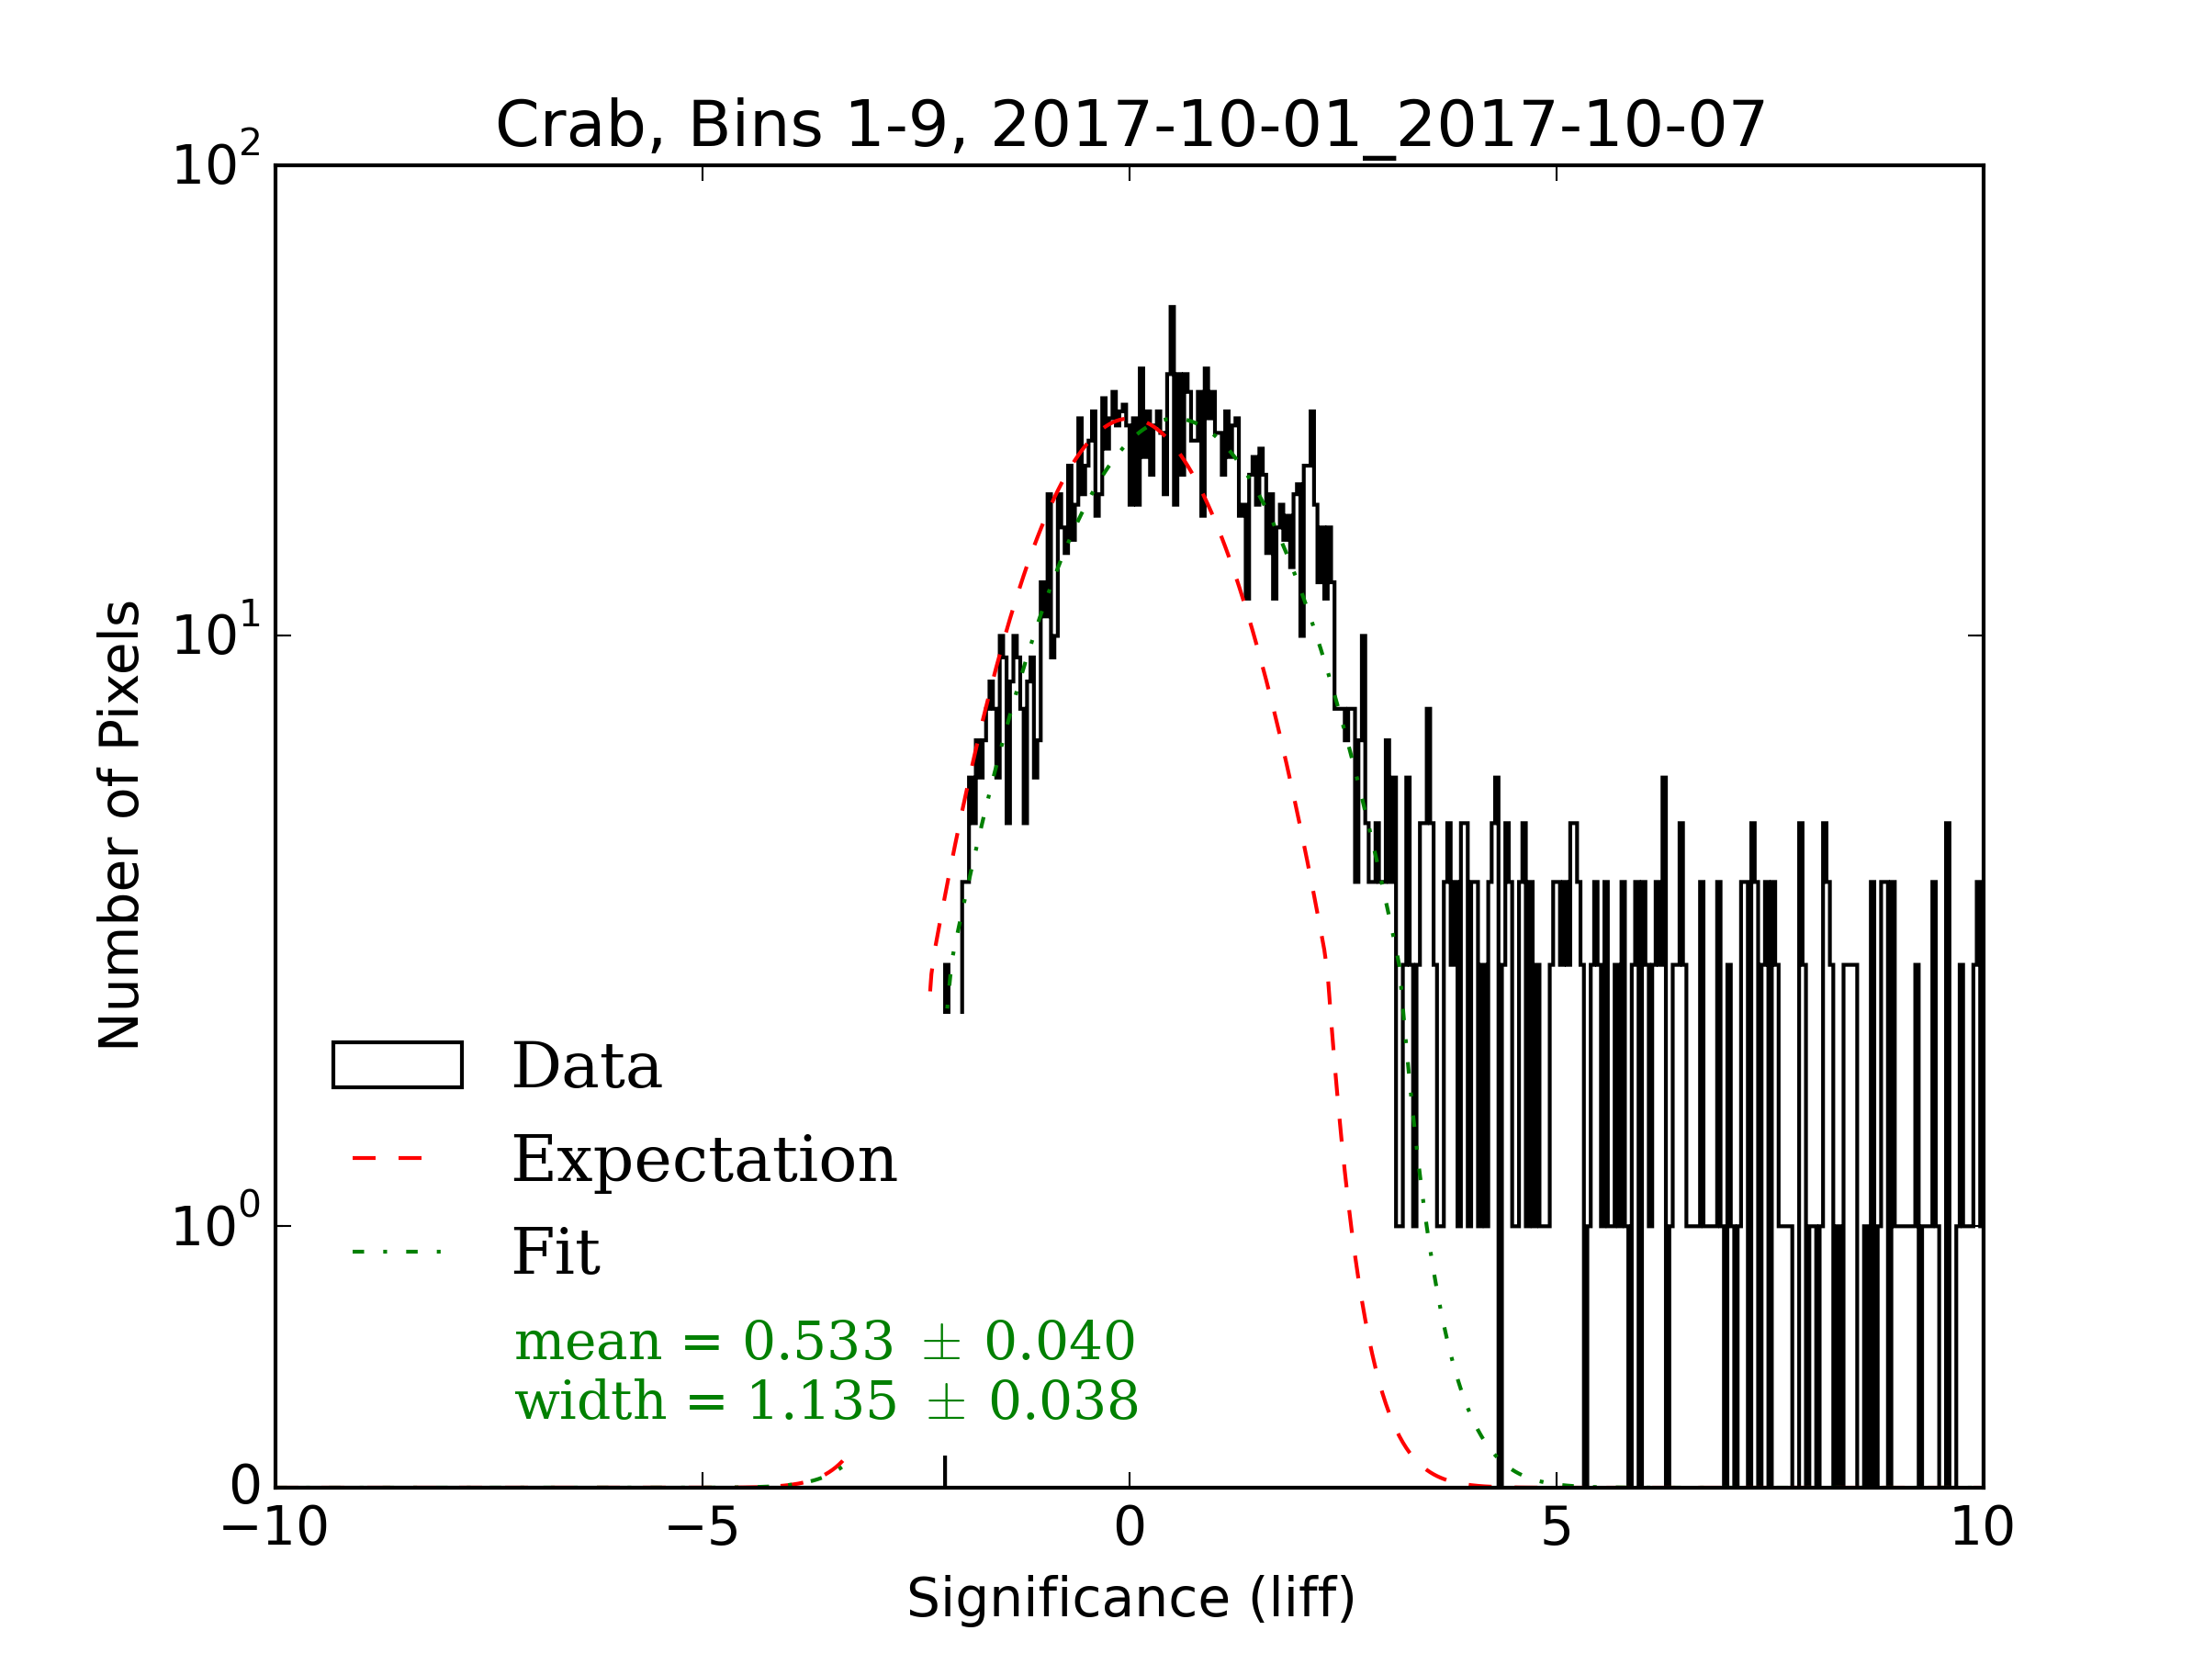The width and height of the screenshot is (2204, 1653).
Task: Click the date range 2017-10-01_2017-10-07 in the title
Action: pos(1378,127)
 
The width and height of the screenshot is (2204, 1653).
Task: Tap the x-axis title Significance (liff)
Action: pos(1130,1598)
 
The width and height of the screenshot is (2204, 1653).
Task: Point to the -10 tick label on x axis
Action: pos(274,1526)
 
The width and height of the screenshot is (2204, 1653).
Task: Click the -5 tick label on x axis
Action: pos(703,1526)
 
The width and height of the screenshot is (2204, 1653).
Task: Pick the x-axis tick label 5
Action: pos(1557,1526)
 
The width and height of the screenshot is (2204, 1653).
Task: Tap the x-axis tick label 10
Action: pos(1982,1526)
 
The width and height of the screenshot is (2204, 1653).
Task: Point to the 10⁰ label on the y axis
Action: pos(215,1223)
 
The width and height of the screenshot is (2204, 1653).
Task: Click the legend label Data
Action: pos(587,1067)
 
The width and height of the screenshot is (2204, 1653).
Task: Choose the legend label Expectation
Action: pos(704,1160)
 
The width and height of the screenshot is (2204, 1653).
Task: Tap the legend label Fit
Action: pos(556,1253)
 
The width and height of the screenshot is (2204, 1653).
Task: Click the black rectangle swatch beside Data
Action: pos(398,1065)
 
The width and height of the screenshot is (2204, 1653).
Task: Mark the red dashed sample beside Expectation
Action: pos(388,1159)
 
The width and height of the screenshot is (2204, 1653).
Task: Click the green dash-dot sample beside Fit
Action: pos(396,1252)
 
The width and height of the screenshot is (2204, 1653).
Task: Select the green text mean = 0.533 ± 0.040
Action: pos(825,1341)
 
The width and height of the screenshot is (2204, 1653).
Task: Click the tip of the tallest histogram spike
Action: pos(1172,308)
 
